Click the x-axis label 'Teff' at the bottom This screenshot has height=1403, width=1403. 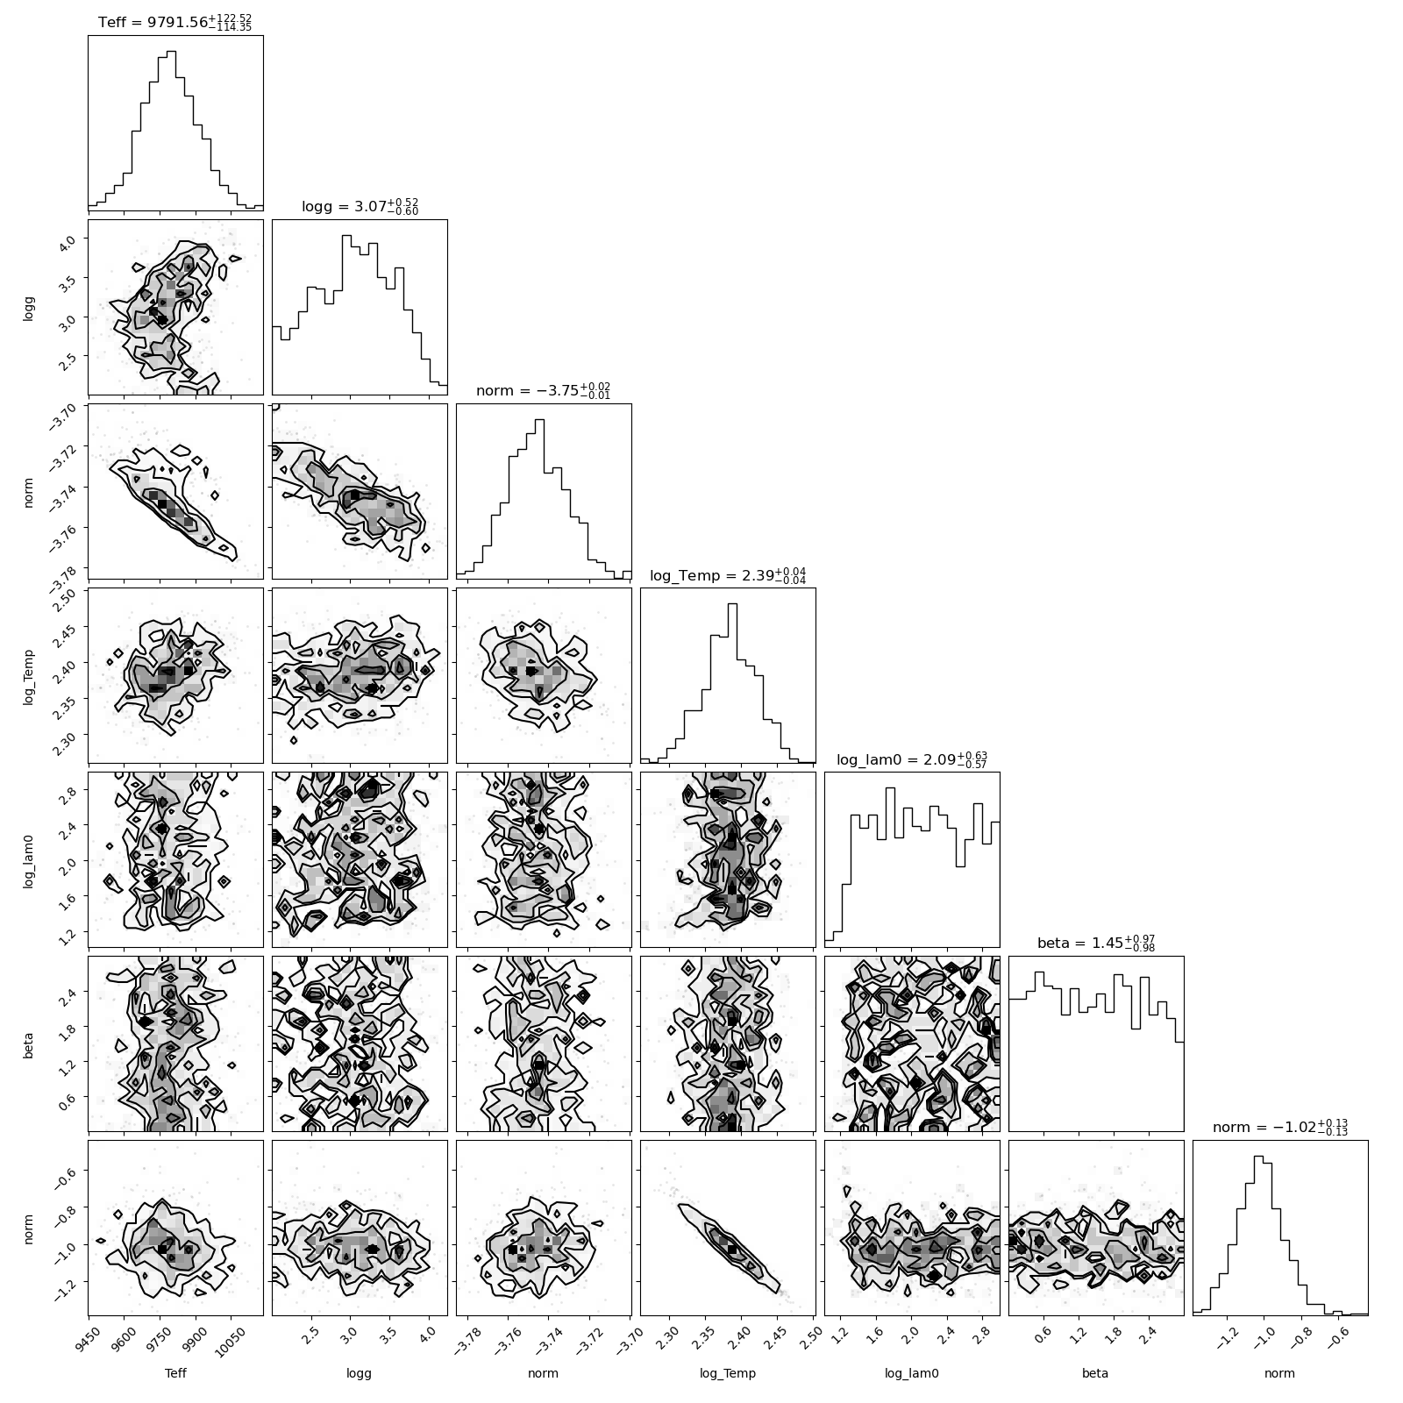click(175, 1374)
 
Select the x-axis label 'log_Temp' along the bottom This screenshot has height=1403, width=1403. click(728, 1375)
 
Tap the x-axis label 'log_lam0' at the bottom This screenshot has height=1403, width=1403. click(912, 1375)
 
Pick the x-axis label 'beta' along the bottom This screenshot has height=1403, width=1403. click(1096, 1374)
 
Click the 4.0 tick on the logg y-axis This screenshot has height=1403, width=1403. click(72, 239)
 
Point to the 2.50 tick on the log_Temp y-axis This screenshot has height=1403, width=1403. click(70, 593)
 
